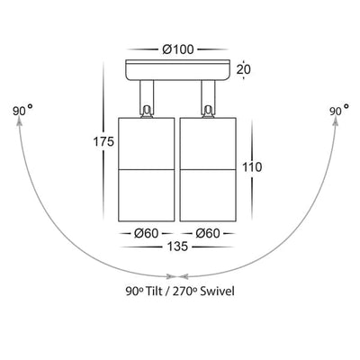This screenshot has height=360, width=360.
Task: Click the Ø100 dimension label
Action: [x=178, y=49]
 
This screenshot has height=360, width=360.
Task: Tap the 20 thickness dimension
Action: [x=244, y=69]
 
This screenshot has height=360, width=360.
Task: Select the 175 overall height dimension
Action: [x=103, y=141]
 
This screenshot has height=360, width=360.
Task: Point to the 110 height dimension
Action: [x=252, y=167]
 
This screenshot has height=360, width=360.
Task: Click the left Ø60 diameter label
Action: [x=146, y=233]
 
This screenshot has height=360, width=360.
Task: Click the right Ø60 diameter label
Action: [x=208, y=233]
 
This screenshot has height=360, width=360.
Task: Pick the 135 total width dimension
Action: [x=177, y=247]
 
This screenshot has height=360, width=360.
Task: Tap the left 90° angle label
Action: [x=22, y=110]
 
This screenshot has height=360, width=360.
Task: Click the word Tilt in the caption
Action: [x=155, y=292]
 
